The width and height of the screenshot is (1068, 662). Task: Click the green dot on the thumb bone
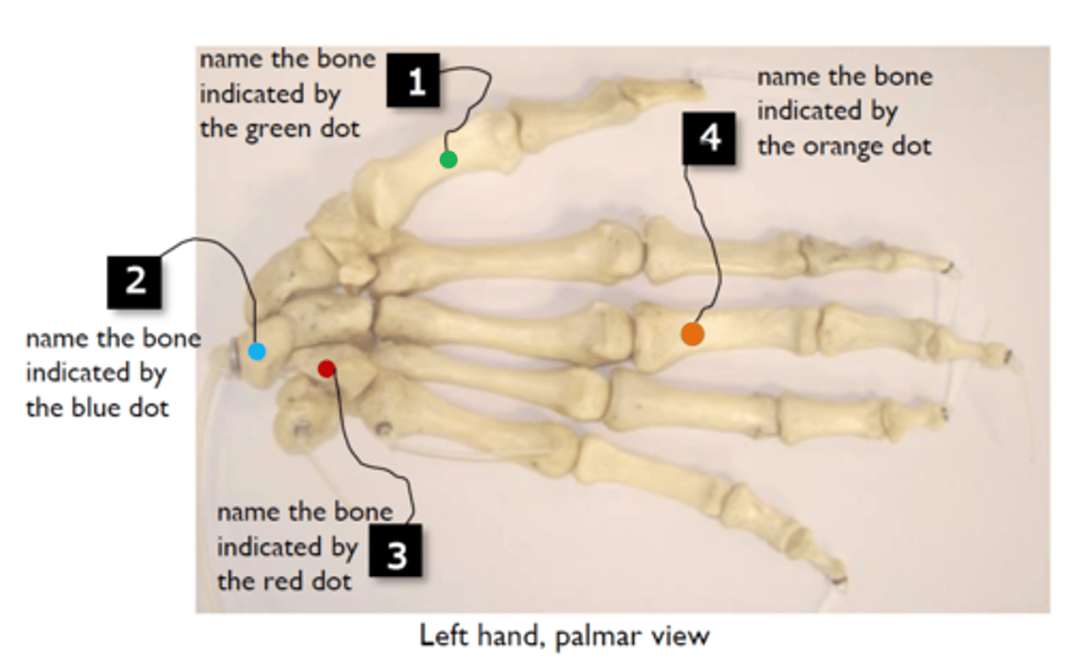448,160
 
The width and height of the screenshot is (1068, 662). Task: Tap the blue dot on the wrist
257,352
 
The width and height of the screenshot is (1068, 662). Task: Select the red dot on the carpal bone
326,369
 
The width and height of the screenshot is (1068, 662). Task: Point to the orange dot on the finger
692,334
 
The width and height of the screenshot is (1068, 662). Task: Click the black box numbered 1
413,79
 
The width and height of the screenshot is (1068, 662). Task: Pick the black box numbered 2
134,282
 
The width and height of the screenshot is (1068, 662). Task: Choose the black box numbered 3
396,551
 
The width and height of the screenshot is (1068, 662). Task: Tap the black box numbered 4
709,138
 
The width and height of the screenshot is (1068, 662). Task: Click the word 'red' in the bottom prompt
283,581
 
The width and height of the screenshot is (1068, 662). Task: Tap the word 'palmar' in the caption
598,636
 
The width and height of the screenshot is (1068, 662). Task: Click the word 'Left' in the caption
444,635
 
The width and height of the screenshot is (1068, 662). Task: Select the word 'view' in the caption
680,635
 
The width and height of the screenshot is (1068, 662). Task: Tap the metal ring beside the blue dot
233,355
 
